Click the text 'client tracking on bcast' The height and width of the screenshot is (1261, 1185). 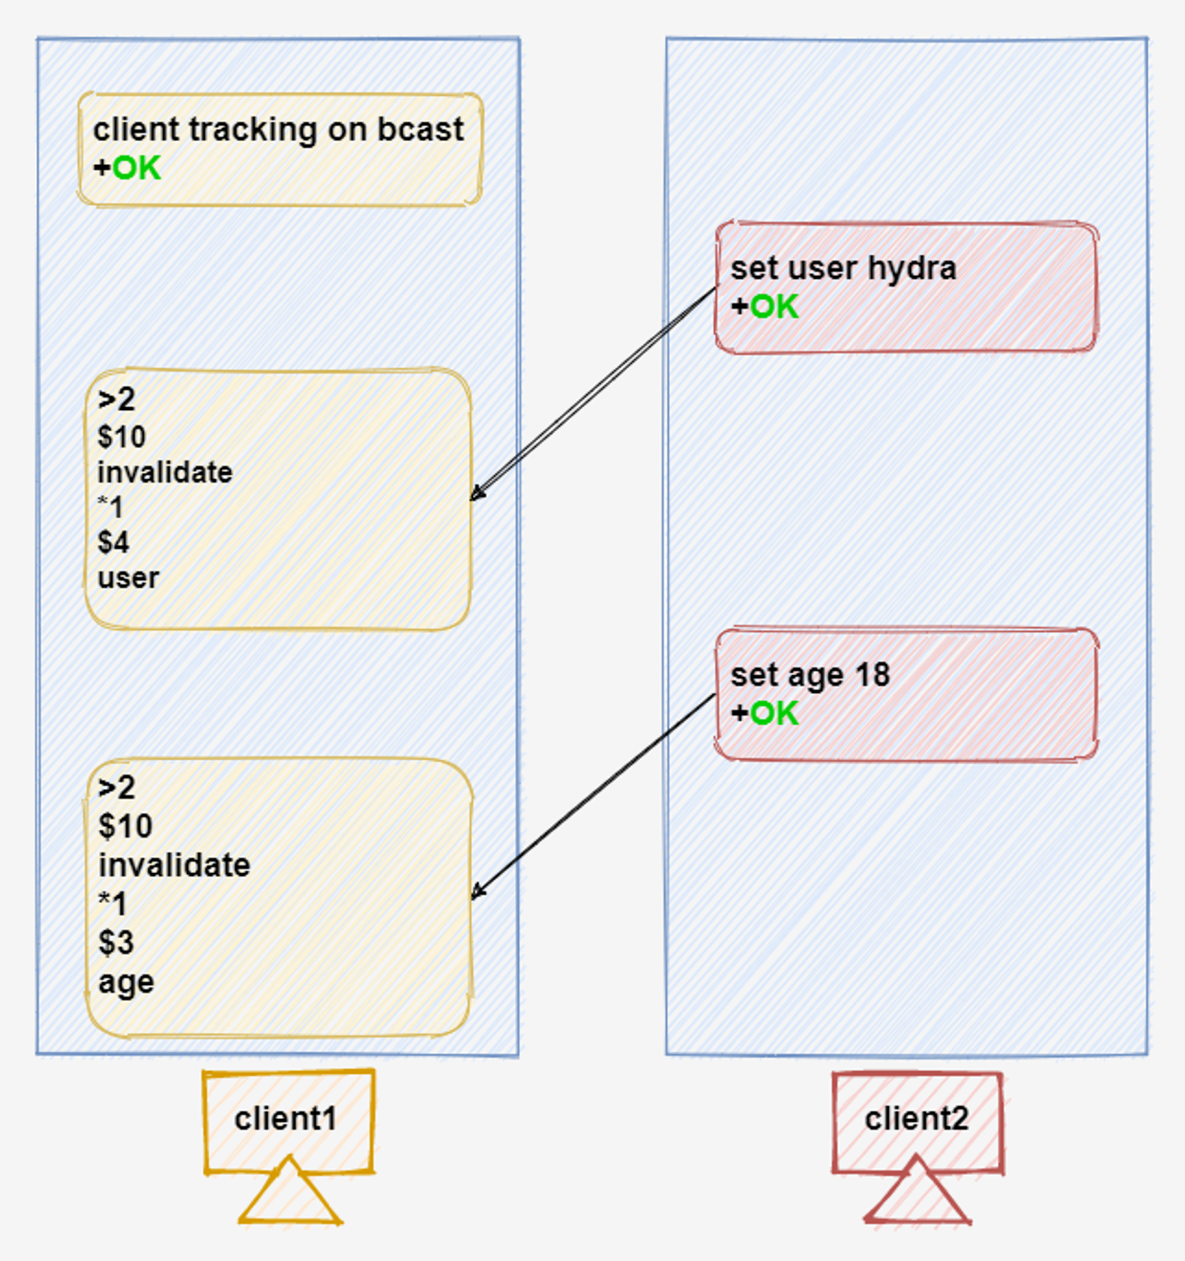(x=279, y=130)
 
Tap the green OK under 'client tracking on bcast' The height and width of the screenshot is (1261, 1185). (x=137, y=168)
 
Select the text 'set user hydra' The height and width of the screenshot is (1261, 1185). (x=843, y=269)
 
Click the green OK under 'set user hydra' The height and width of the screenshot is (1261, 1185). (x=774, y=307)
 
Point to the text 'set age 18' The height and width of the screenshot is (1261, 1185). (x=811, y=675)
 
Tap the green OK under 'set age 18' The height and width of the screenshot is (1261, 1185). (x=774, y=714)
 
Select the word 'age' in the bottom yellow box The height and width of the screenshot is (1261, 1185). (x=126, y=982)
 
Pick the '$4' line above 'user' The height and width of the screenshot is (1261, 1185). (x=113, y=542)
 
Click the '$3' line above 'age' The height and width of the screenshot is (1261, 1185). (x=116, y=943)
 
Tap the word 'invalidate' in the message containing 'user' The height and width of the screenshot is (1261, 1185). (x=165, y=472)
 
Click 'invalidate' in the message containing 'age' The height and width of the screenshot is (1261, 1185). (x=175, y=865)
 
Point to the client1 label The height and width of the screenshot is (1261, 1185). (x=286, y=1119)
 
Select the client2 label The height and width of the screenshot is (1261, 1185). (x=917, y=1119)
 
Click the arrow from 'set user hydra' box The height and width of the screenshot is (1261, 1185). (x=594, y=394)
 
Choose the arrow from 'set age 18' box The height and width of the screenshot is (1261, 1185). (x=594, y=796)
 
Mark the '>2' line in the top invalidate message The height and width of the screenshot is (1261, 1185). (x=117, y=400)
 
